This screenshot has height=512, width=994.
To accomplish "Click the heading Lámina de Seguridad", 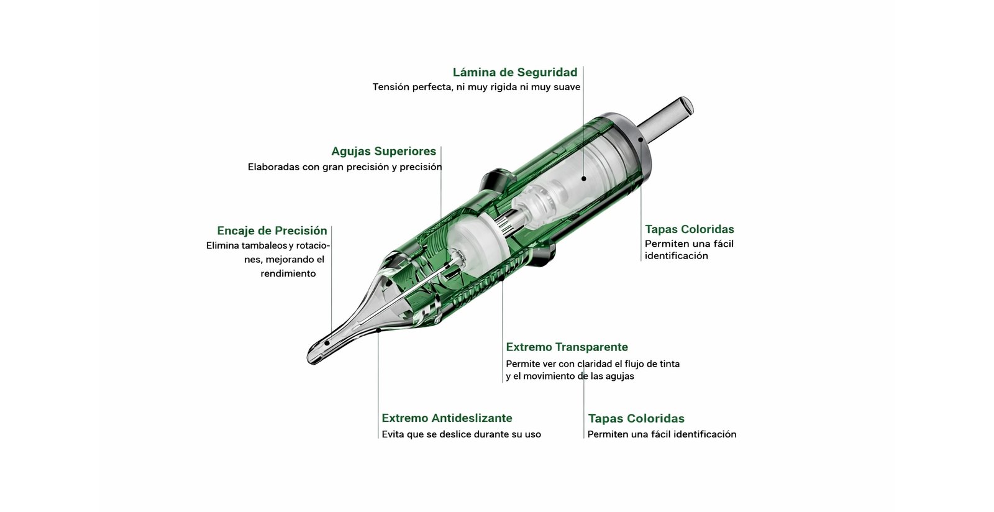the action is coord(515,72).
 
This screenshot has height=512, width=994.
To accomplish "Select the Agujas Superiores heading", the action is coord(384,152).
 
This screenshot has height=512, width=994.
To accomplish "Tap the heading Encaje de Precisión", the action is coord(272,231).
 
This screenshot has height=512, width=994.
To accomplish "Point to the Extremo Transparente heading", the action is coord(567,347).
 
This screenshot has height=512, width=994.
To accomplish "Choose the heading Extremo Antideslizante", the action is coord(447,418).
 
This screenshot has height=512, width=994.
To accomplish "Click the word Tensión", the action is coord(391,87).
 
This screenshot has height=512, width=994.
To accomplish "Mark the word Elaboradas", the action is coord(273,167).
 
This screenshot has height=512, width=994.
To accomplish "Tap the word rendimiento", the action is coord(288,274).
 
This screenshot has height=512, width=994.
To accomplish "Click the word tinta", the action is coord(670,364).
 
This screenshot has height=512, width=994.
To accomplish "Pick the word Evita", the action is coord(393,434).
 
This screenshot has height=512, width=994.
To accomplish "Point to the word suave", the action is coord(567,87).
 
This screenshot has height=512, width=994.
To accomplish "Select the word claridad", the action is coord(595,364).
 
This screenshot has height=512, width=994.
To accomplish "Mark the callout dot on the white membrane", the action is coord(583,178).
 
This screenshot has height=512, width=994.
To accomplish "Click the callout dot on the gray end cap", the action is coord(641,139).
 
